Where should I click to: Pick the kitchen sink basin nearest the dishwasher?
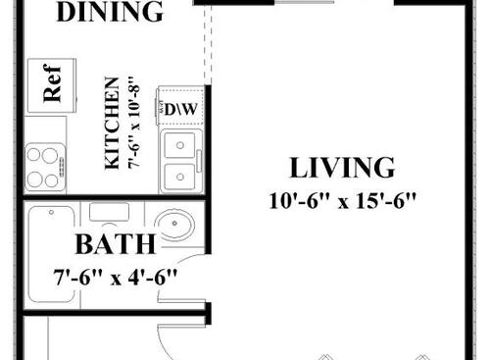(180, 148)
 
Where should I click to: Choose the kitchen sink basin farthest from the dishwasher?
(180, 177)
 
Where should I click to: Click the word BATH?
(117, 245)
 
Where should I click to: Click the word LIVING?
(343, 169)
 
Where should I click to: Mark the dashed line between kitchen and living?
(207, 49)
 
